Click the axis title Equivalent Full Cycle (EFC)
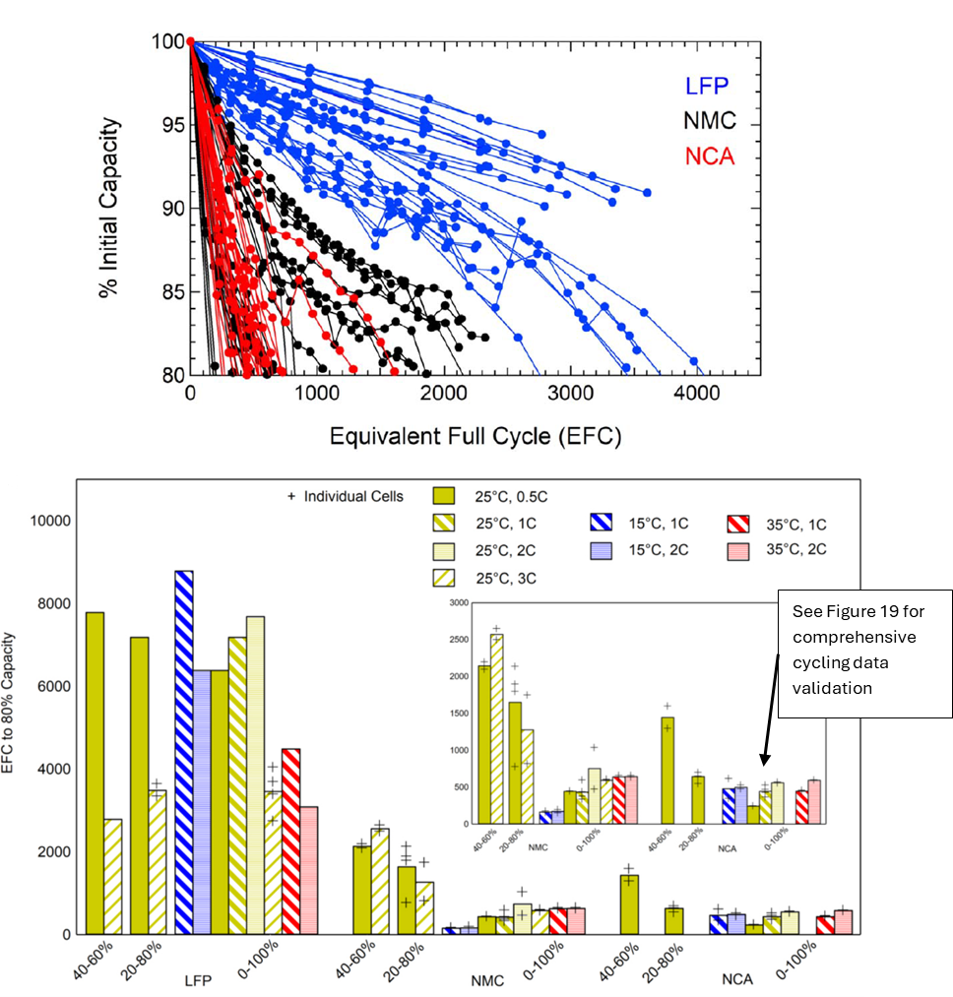click(476, 435)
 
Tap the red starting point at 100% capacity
click(191, 42)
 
